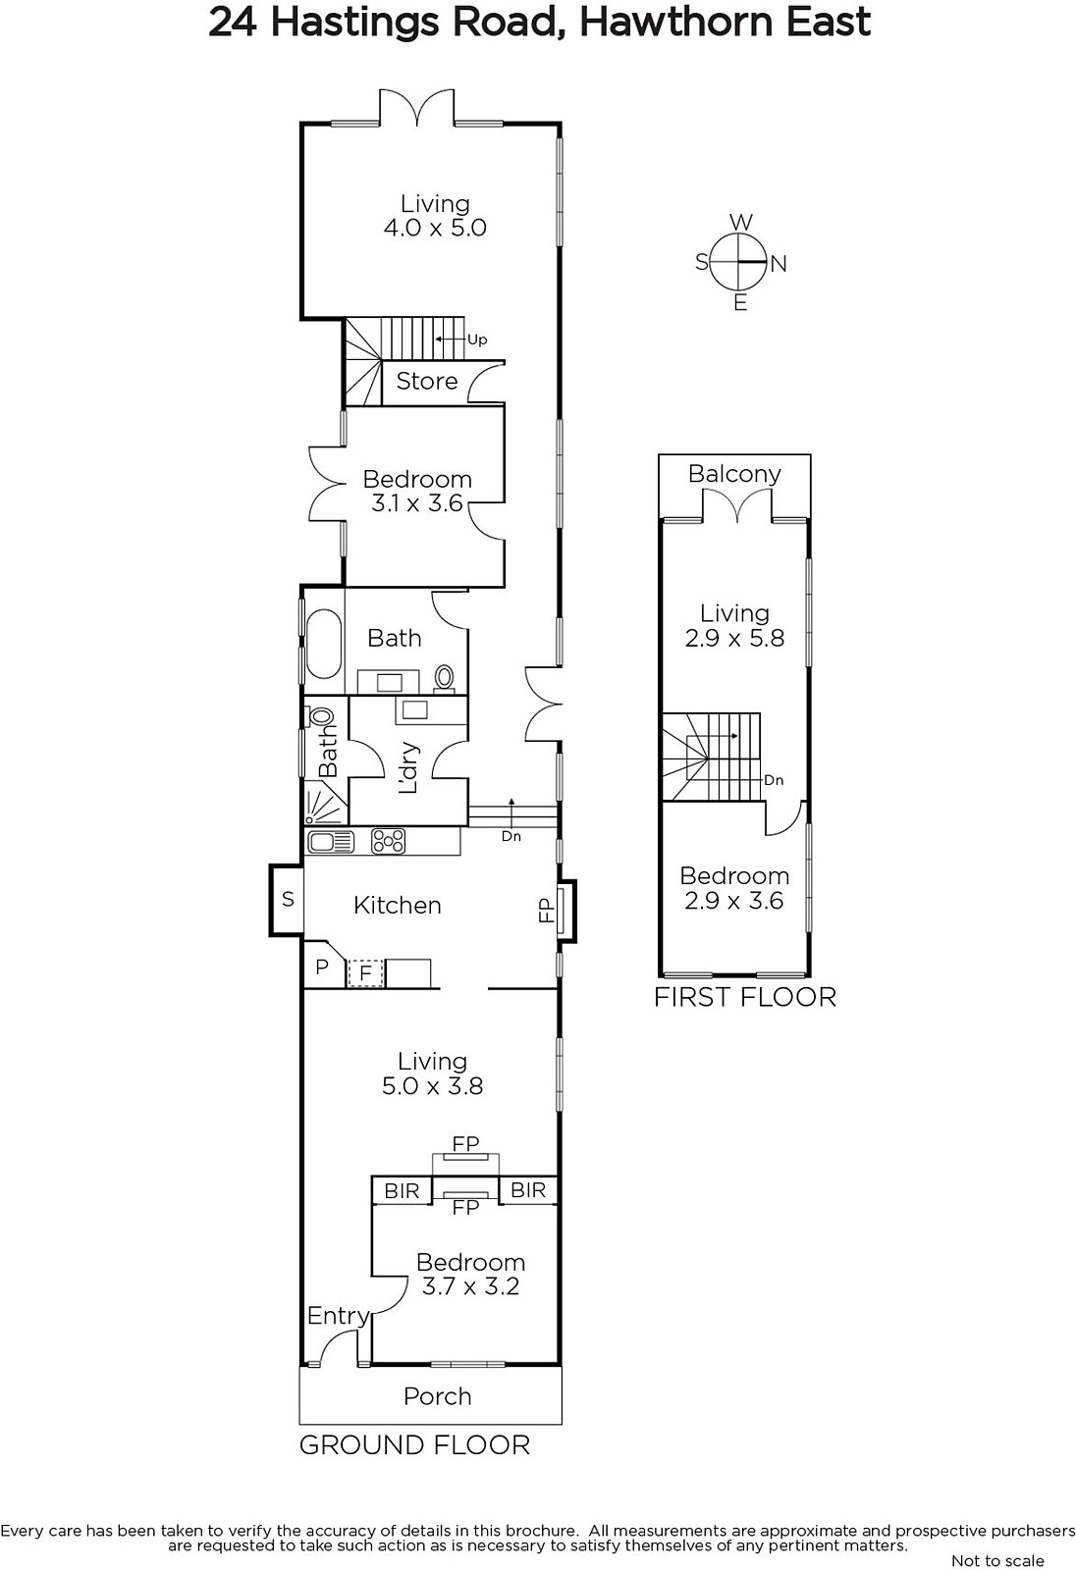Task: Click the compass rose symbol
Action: pyautogui.click(x=738, y=262)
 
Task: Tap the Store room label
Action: pyautogui.click(x=426, y=382)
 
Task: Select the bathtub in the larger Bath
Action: pyautogui.click(x=323, y=644)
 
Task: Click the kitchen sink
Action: pyautogui.click(x=331, y=841)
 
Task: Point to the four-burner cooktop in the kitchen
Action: pyautogui.click(x=388, y=841)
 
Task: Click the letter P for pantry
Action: pyautogui.click(x=322, y=968)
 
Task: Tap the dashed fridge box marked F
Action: pyautogui.click(x=365, y=972)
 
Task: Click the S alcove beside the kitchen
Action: pyautogui.click(x=287, y=900)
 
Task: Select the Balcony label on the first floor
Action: pyautogui.click(x=734, y=475)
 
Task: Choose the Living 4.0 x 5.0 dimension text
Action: pyautogui.click(x=435, y=228)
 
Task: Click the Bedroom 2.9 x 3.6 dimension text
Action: pyautogui.click(x=733, y=901)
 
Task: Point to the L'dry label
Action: pyautogui.click(x=407, y=767)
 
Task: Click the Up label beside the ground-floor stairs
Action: pyautogui.click(x=477, y=340)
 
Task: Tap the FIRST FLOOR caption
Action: pyautogui.click(x=745, y=997)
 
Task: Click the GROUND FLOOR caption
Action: pyautogui.click(x=414, y=1445)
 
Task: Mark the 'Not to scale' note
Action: pyautogui.click(x=997, y=1560)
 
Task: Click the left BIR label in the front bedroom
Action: pyautogui.click(x=402, y=1191)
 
